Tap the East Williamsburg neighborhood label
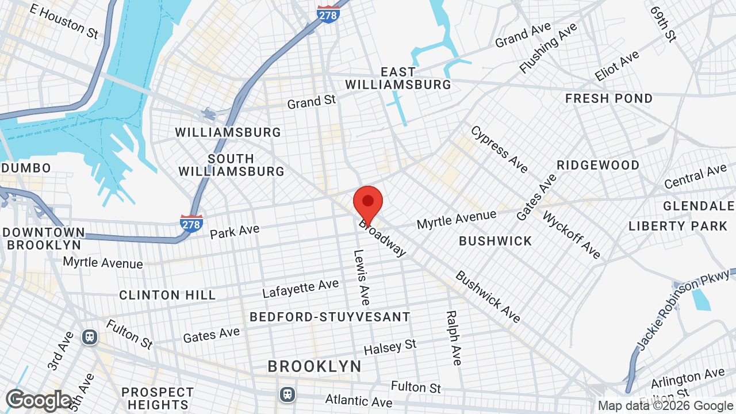pos(398,78)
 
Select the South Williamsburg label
pos(231,165)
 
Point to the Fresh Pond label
pos(609,98)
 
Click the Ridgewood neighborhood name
pos(598,165)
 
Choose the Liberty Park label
pos(678,226)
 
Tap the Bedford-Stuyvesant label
pos(330,317)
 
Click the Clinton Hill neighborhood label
pos(167,295)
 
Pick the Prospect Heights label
pos(158,398)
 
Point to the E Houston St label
pos(64,21)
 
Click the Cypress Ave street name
pos(499,149)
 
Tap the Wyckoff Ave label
pos(572,235)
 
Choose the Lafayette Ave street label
pos(300,288)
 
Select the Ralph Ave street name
pos(453,338)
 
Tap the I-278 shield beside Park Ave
pos(191,223)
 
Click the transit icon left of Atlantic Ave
pos(287,394)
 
